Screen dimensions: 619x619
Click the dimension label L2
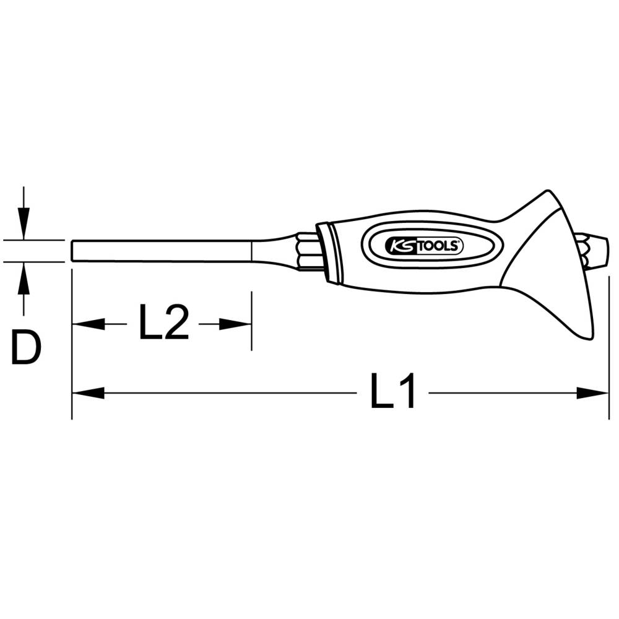click(x=164, y=321)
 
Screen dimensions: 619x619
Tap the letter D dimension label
click(x=26, y=347)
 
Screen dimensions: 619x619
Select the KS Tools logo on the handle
click(x=424, y=246)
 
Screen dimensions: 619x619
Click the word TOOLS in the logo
click(x=438, y=247)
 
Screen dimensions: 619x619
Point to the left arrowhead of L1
click(x=89, y=393)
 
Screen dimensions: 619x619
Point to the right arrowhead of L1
click(x=592, y=393)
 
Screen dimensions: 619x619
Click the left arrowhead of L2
click(x=89, y=324)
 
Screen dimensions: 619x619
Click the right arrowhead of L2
click(x=235, y=324)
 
